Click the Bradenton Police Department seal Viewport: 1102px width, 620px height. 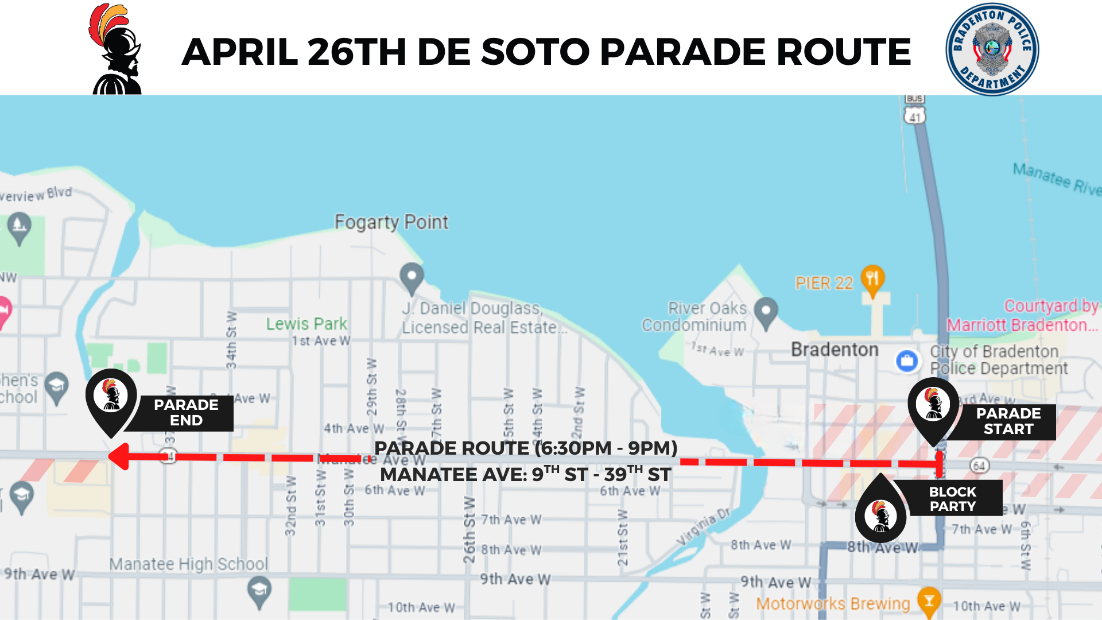pyautogui.click(x=992, y=49)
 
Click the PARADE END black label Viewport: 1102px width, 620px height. pyautogui.click(x=185, y=413)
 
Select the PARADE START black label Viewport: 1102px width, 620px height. pyautogui.click(x=1008, y=421)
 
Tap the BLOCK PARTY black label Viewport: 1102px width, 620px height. pyautogui.click(x=953, y=499)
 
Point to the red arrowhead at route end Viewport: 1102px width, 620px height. pyautogui.click(x=119, y=457)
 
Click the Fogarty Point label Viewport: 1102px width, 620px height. pyautogui.click(x=391, y=222)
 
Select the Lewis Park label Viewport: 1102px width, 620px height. pyautogui.click(x=306, y=324)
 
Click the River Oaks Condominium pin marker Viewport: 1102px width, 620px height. pyautogui.click(x=766, y=312)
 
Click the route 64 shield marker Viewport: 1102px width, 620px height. pyautogui.click(x=979, y=466)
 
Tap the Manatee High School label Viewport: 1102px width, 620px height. pyautogui.click(x=189, y=564)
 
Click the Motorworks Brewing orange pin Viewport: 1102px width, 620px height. pyautogui.click(x=928, y=601)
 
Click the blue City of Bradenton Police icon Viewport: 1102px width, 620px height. pyautogui.click(x=907, y=361)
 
